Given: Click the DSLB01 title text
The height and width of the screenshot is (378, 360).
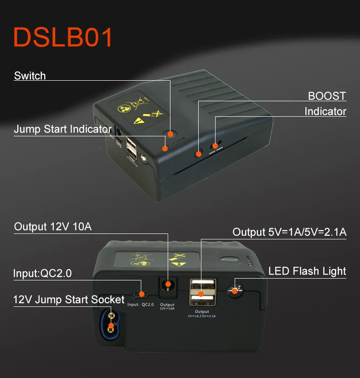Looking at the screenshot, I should (x=63, y=37).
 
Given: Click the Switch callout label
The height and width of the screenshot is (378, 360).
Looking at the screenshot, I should (x=30, y=76).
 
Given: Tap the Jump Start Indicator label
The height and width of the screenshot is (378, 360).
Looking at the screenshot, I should (x=62, y=129).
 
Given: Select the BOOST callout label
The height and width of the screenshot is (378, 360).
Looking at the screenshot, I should (x=327, y=96).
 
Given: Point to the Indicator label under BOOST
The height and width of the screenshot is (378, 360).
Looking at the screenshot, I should (x=325, y=112).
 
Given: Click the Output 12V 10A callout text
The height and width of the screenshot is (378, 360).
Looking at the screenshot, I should (x=53, y=227).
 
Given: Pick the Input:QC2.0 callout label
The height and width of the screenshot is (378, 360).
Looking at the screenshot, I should (x=42, y=274).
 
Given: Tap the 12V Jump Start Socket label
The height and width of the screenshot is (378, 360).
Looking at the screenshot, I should (x=69, y=300).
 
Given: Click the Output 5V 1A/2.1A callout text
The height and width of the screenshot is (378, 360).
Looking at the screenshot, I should (x=289, y=232).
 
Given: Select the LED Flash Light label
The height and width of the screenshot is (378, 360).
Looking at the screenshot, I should (x=307, y=271).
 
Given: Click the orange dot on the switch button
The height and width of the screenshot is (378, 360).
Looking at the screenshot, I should (x=170, y=134).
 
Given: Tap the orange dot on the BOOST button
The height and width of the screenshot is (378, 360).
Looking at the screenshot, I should (x=198, y=154).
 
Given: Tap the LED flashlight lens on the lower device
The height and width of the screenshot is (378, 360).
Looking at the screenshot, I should (x=235, y=290).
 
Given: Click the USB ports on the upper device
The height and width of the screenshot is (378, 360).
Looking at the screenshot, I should (x=131, y=149).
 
